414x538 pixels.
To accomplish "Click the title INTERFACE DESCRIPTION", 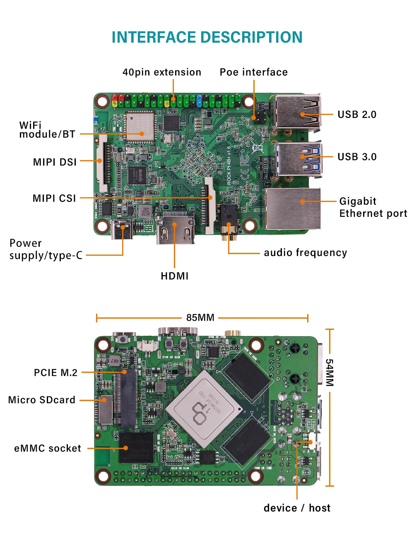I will [x=207, y=37].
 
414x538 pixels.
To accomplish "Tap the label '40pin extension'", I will [x=162, y=72].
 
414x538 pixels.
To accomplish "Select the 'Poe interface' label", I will [x=253, y=72].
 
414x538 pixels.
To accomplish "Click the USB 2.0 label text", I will [x=357, y=115].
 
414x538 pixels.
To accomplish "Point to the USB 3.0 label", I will [x=357, y=157].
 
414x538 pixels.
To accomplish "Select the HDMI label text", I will [x=175, y=276].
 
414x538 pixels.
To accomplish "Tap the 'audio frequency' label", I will [x=306, y=253].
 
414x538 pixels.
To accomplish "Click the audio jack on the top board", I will [x=229, y=219].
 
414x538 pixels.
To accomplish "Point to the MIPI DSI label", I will [x=55, y=162].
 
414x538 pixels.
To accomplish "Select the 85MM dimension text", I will [x=200, y=318].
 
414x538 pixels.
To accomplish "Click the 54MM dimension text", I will [x=329, y=372].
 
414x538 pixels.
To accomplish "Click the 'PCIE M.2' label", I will [x=56, y=373].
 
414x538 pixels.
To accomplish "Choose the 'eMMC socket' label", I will [x=48, y=449].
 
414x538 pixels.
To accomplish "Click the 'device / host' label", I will [x=297, y=508].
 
